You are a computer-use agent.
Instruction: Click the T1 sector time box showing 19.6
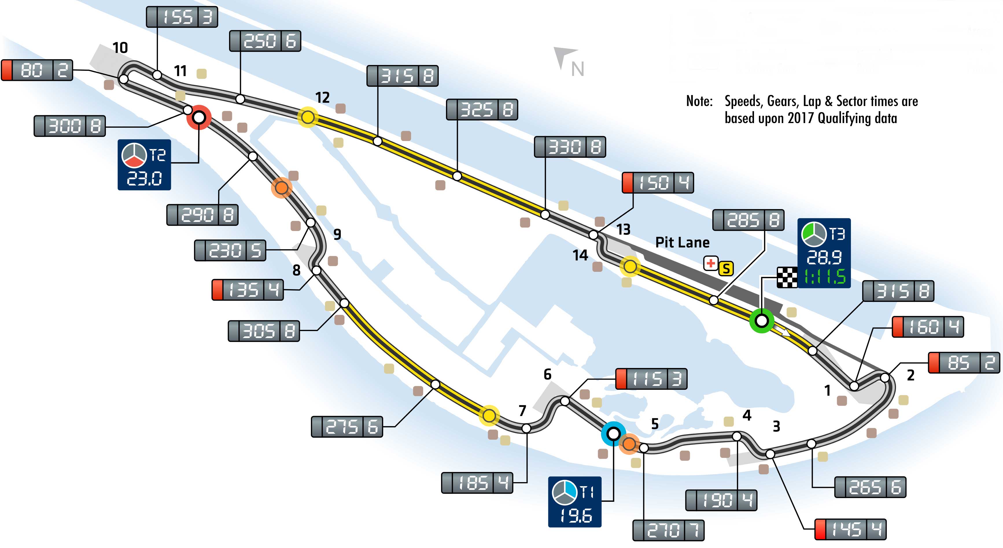575,502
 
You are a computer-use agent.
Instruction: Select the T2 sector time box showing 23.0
144,165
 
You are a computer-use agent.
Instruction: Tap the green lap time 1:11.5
825,277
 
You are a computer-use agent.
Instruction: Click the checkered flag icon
787,277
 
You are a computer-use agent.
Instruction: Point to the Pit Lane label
682,242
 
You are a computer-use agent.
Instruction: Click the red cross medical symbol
711,263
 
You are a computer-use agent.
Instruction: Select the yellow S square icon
726,268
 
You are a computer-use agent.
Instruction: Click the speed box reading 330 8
570,147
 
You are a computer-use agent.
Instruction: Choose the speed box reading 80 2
37,70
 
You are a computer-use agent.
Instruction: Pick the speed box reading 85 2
964,363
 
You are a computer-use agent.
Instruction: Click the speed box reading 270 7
669,530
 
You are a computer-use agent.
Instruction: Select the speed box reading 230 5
230,250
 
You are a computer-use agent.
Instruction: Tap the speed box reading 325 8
482,110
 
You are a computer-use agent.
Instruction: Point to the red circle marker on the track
199,117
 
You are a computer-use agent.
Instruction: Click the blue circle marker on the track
613,433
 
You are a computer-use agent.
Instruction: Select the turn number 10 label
120,48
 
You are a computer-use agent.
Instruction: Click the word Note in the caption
699,101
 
